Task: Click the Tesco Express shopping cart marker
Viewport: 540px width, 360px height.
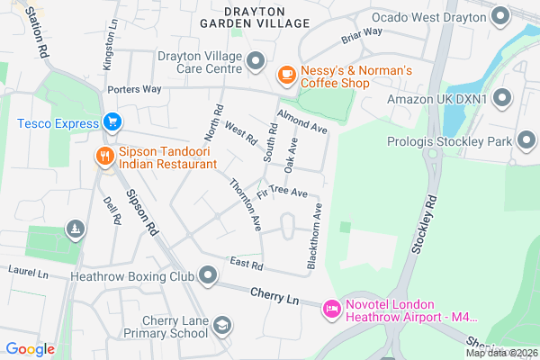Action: coord(112,121)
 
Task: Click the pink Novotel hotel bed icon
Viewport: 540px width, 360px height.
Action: coord(330,309)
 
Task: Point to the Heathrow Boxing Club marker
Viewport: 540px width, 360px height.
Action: coord(209,274)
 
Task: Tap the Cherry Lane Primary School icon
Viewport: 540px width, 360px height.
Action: coord(221,325)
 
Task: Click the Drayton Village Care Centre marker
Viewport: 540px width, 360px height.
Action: coord(256,61)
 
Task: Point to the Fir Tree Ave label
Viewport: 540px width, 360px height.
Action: coord(282,193)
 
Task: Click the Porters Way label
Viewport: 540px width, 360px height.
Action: coord(133,90)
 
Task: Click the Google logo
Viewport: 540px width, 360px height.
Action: coord(30,349)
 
